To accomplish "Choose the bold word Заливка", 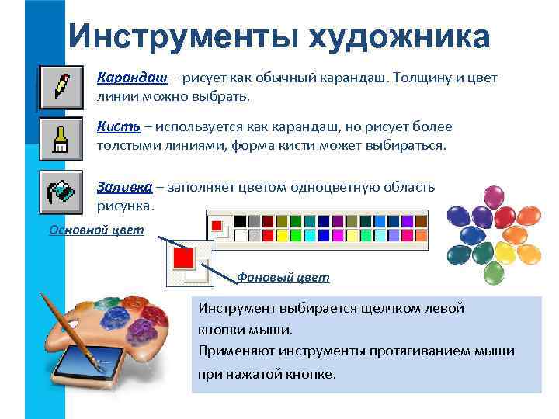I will pos(122,187).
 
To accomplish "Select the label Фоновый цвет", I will pos(283,277).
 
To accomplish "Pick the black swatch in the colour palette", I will pos(240,220).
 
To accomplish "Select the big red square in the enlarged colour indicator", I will pos(184,257).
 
